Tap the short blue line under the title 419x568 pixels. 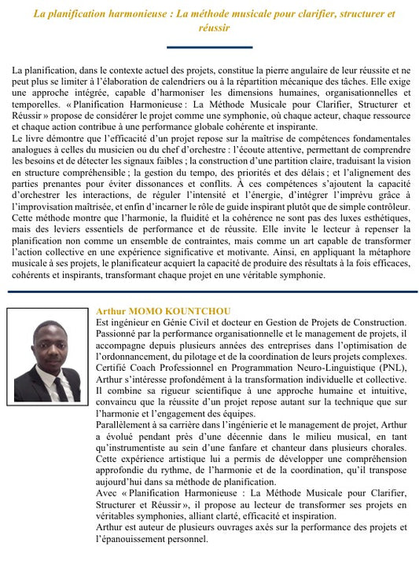(210, 47)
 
